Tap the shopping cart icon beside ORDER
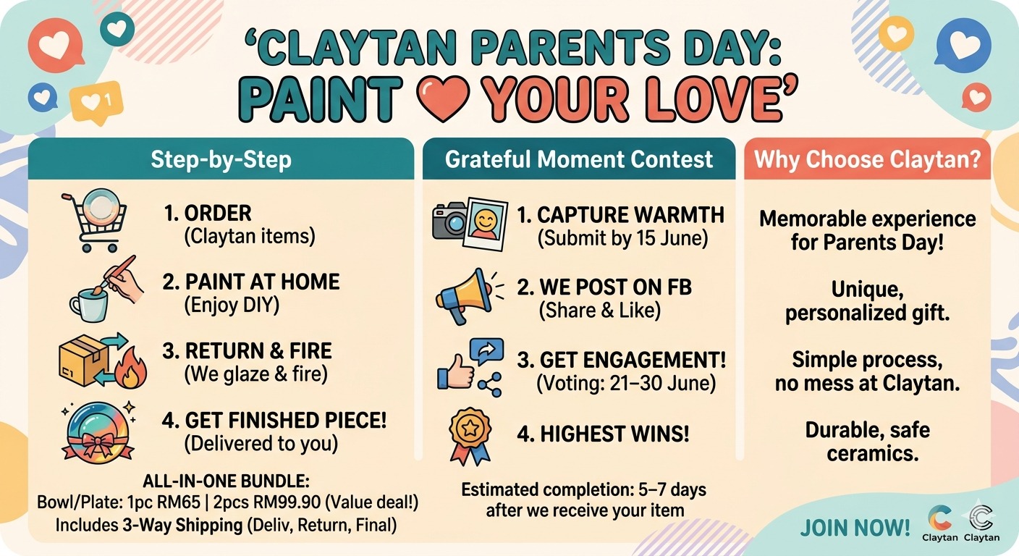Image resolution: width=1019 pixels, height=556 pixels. pos(94,221)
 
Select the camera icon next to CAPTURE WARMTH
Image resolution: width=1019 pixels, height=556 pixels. pos(450,221)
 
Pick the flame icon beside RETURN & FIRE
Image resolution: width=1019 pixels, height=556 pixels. pos(130,368)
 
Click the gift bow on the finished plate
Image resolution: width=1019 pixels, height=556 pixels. pos(98,446)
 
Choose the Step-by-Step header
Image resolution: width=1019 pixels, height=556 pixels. pos(221,159)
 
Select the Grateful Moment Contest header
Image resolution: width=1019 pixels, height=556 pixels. pos(579,159)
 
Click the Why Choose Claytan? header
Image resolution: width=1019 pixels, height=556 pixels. pos(867,159)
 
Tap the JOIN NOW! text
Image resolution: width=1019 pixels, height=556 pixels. pos(855,528)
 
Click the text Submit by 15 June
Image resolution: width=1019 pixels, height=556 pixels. pos(623,238)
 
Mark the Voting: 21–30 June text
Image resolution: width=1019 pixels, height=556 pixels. pos(626,383)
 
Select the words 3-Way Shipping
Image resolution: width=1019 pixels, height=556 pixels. pos(182,526)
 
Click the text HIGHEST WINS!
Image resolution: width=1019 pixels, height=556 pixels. pos(603,434)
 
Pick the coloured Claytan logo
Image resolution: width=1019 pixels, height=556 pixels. pos(940,518)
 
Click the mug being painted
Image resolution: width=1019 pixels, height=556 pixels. pos(89,306)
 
